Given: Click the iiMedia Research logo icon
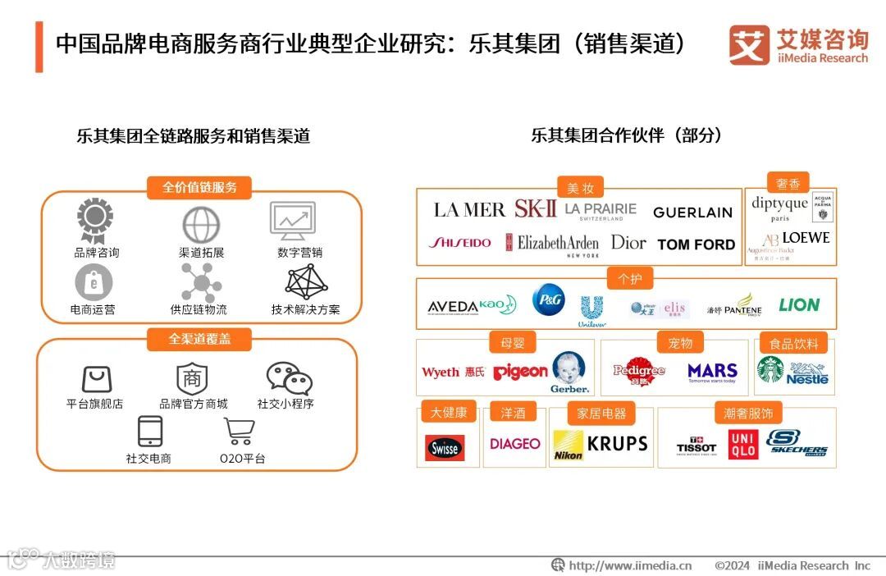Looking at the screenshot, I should point(748,45).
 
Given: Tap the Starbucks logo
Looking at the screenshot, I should point(770,370).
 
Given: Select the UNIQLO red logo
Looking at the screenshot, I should point(742,444).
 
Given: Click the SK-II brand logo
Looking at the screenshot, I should point(535,208).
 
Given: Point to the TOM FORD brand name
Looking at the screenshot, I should point(696,245).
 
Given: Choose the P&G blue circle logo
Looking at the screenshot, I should point(548,300).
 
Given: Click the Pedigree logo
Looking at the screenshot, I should point(639,371).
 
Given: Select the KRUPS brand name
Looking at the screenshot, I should point(618,444).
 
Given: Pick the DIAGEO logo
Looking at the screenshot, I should point(515,444).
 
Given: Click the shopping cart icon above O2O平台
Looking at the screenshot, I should point(239,432).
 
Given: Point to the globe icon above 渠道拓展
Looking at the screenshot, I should point(201,224).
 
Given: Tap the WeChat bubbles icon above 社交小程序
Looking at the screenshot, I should point(289,378).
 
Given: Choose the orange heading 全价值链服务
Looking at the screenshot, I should point(200,187).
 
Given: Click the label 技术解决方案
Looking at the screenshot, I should point(306,309).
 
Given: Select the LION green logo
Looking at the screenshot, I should point(799,305).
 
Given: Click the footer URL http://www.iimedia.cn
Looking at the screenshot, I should point(629,565).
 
